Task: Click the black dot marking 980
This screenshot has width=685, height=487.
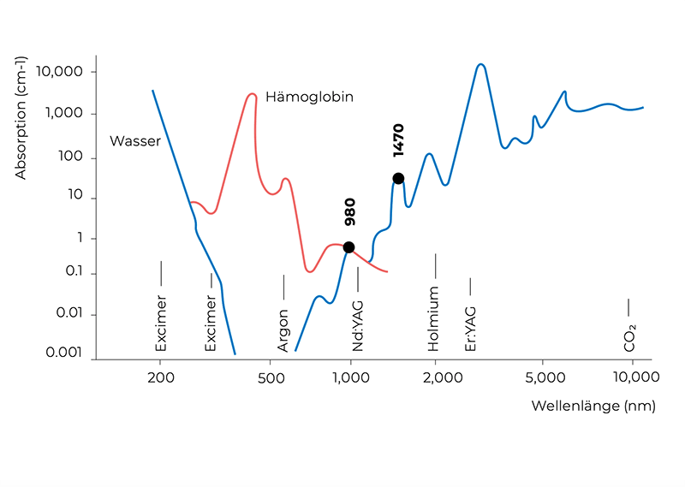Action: point(348,247)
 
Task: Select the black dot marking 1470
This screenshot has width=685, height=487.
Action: point(398,178)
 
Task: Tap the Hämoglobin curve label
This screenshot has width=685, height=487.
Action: point(309,97)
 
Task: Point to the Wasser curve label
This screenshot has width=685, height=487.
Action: point(135,141)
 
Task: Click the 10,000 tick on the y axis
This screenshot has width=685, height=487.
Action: point(61,72)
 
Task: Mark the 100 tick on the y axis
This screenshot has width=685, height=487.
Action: point(73,157)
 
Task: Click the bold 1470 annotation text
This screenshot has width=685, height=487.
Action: point(399,141)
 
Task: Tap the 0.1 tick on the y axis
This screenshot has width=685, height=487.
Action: point(73,274)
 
